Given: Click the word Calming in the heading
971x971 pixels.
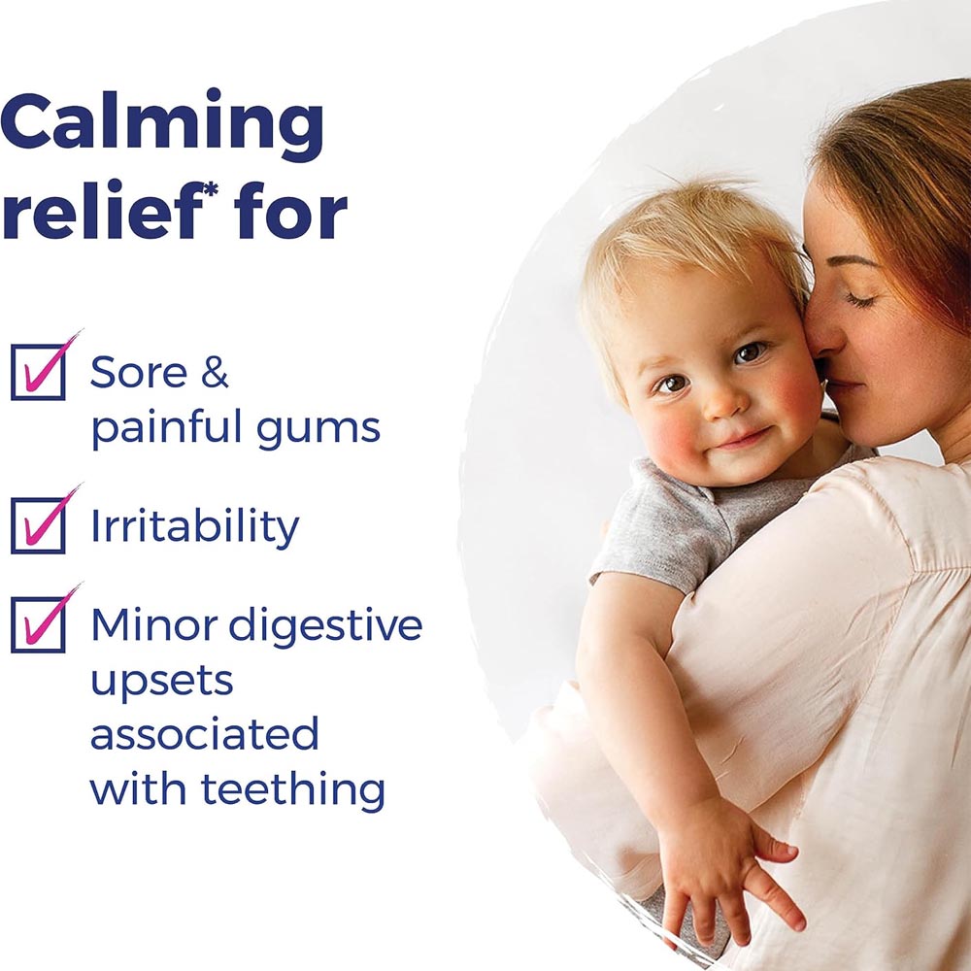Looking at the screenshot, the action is coord(162,124).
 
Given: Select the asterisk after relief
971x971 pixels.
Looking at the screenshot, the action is coord(211,188).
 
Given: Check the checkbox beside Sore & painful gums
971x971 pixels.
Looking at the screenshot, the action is coord(39,372).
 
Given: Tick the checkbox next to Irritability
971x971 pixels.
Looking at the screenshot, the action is coord(39,525).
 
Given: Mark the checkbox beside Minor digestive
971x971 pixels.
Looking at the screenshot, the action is coord(39,624).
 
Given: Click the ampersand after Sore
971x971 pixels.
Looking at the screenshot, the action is coord(215,372).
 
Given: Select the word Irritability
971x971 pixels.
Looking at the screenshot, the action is coord(195,527).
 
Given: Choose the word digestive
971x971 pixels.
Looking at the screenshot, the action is coord(325,624).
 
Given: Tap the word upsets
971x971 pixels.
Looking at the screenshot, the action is coord(162,683).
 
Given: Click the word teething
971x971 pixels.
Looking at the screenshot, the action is coord(293,789).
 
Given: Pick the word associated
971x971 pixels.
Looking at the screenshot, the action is coord(205,734).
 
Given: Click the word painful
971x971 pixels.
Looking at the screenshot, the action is coord(166,428).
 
